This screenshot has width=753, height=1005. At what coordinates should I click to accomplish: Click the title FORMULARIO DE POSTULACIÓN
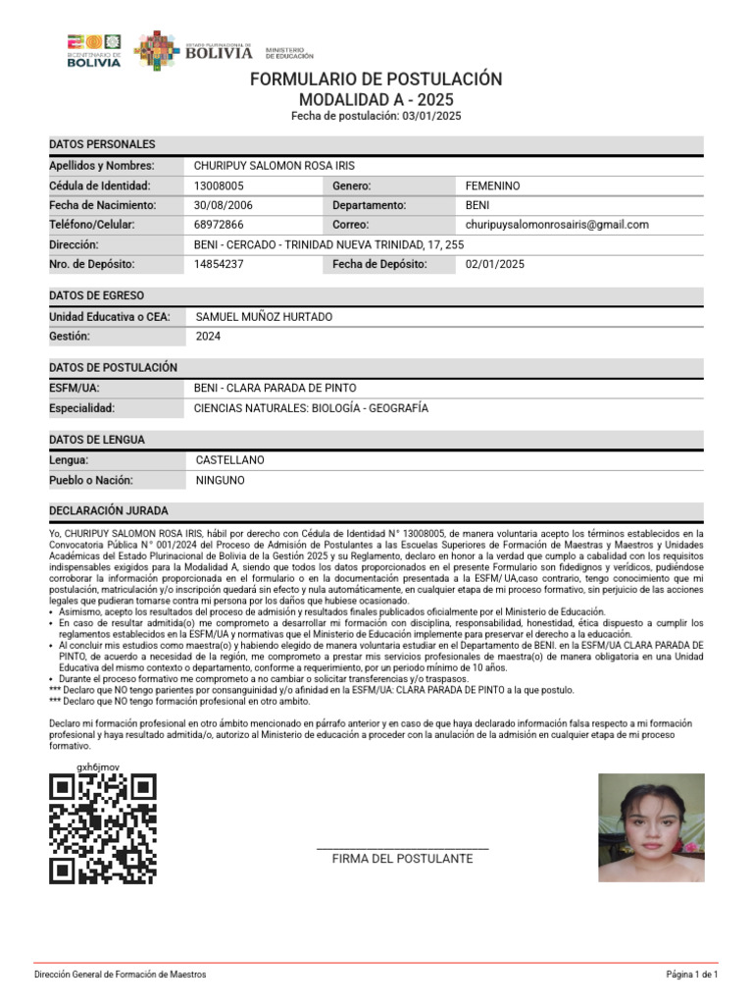pyautogui.click(x=376, y=79)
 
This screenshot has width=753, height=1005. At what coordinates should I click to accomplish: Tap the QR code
pyautogui.click(x=103, y=828)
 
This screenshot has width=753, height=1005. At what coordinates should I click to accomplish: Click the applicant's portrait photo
pyautogui.click(x=651, y=827)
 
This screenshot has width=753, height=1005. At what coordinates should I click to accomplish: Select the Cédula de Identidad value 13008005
pyautogui.click(x=220, y=185)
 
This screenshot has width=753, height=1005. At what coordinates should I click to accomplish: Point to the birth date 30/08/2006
pyautogui.click(x=224, y=205)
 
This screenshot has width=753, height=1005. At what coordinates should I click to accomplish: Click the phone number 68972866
pyautogui.click(x=219, y=225)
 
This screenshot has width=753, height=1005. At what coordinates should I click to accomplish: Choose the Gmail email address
pyautogui.click(x=557, y=225)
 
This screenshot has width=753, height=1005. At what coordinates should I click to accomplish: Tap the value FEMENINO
pyautogui.click(x=493, y=185)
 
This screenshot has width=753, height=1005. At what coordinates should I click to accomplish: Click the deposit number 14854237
pyautogui.click(x=220, y=264)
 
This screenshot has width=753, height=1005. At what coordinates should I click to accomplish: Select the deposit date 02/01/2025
pyautogui.click(x=495, y=264)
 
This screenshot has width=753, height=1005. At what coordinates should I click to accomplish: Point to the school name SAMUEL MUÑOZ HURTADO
pyautogui.click(x=264, y=317)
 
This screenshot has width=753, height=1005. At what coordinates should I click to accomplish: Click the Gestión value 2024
pyautogui.click(x=208, y=337)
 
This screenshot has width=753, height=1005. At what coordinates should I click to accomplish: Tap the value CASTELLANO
pyautogui.click(x=229, y=460)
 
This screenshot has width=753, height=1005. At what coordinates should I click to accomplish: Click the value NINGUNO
pyautogui.click(x=220, y=481)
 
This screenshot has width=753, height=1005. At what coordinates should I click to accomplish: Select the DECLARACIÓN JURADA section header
pyautogui.click(x=108, y=511)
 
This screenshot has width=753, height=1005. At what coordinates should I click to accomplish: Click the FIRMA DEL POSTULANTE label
pyautogui.click(x=402, y=859)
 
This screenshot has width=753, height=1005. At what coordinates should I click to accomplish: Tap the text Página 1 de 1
pyautogui.click(x=692, y=975)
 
